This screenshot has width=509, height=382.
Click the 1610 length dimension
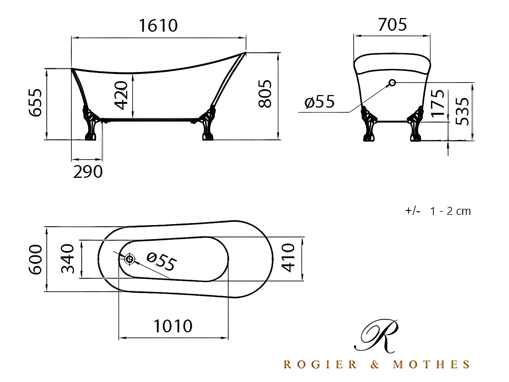tap(158, 26)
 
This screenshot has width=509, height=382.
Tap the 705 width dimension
tap(392, 25)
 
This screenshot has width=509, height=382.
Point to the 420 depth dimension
tap(121, 95)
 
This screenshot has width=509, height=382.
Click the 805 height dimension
tap(265, 94)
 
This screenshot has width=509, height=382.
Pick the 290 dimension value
tap(88, 172)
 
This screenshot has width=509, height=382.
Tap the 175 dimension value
tap(438, 103)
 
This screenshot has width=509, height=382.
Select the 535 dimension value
tap(462, 111)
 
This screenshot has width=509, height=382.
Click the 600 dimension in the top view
tap(35, 259)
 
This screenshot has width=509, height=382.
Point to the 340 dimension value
tap(68, 259)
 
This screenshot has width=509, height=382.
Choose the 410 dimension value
tap(288, 258)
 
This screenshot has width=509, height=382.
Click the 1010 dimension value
tap(173, 326)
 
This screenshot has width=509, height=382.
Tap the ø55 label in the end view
tap(320, 102)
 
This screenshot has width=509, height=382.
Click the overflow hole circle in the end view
tap(392, 82)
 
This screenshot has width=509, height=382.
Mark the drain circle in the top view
tap(129, 259)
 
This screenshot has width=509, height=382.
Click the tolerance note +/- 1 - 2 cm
tap(438, 211)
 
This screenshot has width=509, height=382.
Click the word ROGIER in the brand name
tap(320, 365)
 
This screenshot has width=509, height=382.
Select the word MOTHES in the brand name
tap(431, 365)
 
